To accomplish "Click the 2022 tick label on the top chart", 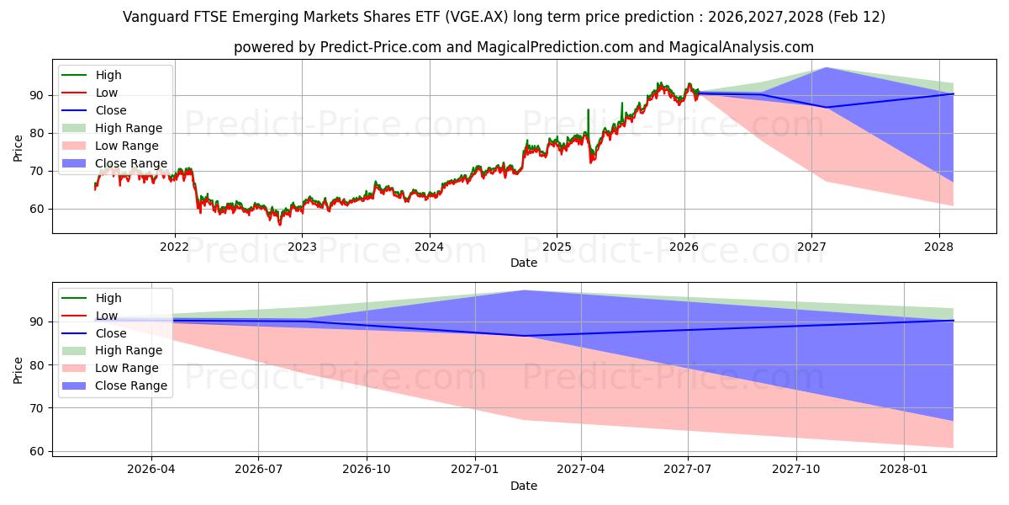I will coord(175,247).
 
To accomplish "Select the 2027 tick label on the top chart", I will coord(811,247).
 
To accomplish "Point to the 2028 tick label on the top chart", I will coord(938,247).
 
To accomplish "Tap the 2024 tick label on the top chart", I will coord(429,247).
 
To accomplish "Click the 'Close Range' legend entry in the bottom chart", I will coord(131,385).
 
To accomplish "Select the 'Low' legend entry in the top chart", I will coord(107,93).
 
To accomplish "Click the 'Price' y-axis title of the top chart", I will coord(18,146).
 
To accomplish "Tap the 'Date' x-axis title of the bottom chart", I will coord(523,486).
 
